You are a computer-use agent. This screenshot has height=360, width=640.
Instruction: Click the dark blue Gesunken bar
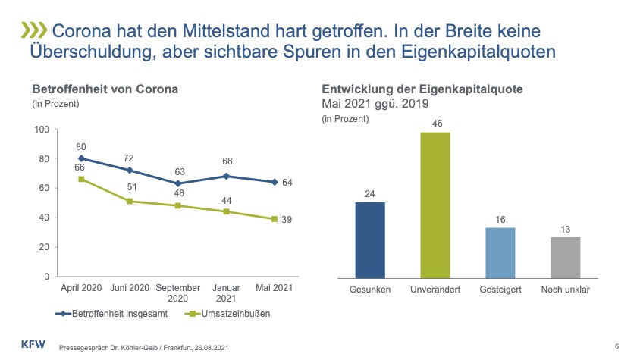pos(370,239)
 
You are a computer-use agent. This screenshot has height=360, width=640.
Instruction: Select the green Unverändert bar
pos(435,204)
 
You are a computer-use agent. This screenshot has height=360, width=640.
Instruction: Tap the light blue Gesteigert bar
pos(500,252)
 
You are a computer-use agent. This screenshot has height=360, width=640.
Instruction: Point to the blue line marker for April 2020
pos(81,159)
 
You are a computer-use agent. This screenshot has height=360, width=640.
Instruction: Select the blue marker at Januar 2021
pos(227,177)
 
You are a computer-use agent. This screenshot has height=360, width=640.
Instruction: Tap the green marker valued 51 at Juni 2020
pos(130,202)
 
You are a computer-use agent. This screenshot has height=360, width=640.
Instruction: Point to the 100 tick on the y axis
pos(42,130)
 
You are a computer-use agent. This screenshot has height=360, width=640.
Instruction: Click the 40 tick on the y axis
pos(44,218)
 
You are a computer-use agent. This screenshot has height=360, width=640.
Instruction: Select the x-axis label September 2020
pos(178,293)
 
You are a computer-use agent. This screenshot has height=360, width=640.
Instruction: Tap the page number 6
pos(617,346)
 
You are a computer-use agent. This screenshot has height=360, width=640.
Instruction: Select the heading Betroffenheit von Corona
pos(105,89)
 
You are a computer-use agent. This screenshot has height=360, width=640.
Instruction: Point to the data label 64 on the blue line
pos(287,183)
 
